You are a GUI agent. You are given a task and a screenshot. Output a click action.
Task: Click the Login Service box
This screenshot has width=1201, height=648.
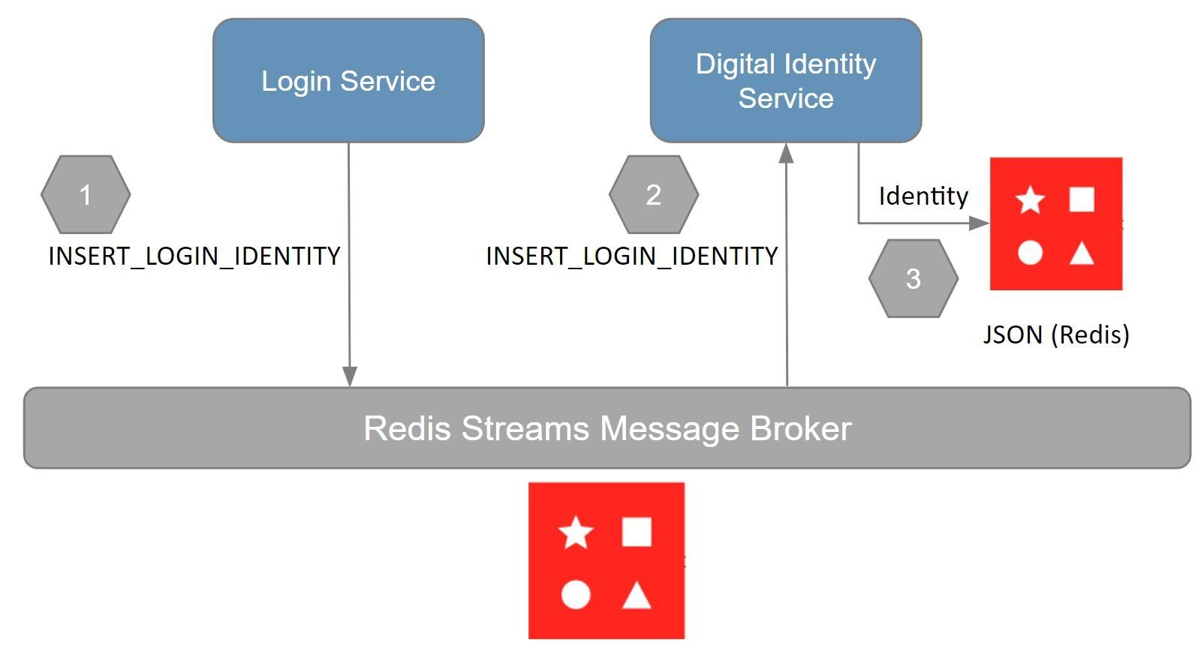348,80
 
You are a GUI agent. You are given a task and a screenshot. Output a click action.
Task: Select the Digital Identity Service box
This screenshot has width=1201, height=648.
785,80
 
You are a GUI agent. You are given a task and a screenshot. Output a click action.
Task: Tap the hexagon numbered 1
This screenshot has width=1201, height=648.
86,195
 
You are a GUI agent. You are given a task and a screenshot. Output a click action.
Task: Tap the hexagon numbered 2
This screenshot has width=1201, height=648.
653,195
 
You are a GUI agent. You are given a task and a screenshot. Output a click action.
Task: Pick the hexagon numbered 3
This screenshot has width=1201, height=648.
913,279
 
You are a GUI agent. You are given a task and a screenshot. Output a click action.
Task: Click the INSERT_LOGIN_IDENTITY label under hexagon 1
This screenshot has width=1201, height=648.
194,256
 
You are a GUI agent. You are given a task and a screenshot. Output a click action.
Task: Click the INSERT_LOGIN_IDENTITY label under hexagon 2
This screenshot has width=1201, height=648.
632,256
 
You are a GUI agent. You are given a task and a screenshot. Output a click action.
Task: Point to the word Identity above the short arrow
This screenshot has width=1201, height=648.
923,196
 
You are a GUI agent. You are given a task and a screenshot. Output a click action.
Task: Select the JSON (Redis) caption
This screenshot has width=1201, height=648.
1056,334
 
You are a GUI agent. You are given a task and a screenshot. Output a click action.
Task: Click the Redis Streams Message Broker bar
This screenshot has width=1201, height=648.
607,428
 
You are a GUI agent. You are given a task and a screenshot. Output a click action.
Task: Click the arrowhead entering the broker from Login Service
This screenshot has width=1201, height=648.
349,376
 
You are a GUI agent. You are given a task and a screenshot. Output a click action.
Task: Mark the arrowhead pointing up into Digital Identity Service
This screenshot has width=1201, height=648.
786,153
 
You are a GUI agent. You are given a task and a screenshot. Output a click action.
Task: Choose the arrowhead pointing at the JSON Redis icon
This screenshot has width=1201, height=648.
979,223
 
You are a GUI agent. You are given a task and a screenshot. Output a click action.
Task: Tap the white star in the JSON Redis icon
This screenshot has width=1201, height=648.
1030,200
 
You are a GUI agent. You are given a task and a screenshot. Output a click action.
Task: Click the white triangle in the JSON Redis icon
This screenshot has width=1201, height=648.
1081,253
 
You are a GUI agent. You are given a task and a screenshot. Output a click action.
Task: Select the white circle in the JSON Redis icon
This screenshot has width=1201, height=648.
1030,253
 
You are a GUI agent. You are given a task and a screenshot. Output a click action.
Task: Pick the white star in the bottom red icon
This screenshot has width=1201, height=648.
576,532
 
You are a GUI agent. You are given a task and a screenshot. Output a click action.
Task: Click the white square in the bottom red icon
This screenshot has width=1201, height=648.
637,532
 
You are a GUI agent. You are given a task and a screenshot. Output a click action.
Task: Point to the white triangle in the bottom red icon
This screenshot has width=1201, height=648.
637,595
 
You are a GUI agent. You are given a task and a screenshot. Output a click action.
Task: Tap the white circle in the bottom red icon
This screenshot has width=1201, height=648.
576,595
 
